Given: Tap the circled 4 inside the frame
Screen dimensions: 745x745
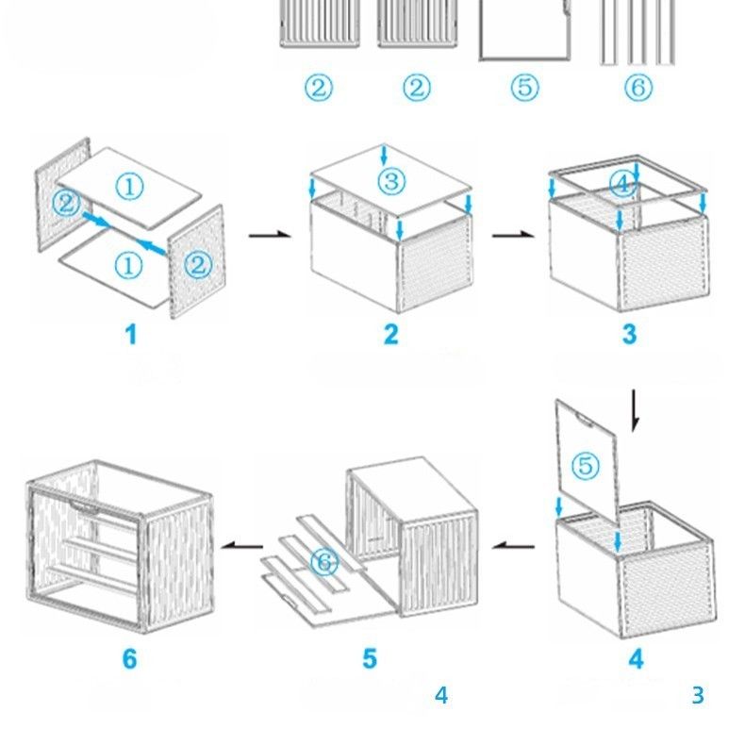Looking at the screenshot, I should [x=622, y=184].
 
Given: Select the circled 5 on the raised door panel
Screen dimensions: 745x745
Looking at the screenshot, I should [x=586, y=465].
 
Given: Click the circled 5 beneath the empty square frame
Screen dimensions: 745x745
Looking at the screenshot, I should [x=524, y=89].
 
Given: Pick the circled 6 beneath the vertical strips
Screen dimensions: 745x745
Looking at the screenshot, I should [x=638, y=89].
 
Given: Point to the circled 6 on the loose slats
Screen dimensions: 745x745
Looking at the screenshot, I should [x=323, y=563].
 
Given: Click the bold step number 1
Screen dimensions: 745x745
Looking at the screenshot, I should [x=131, y=334].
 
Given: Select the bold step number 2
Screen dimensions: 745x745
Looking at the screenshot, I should [x=390, y=334].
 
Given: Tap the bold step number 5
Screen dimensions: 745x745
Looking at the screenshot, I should [x=370, y=658].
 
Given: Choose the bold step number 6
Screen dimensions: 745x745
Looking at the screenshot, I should [x=130, y=658].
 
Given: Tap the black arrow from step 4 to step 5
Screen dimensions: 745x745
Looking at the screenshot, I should [x=515, y=544].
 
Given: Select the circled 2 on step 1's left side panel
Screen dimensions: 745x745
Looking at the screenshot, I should [x=65, y=202].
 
